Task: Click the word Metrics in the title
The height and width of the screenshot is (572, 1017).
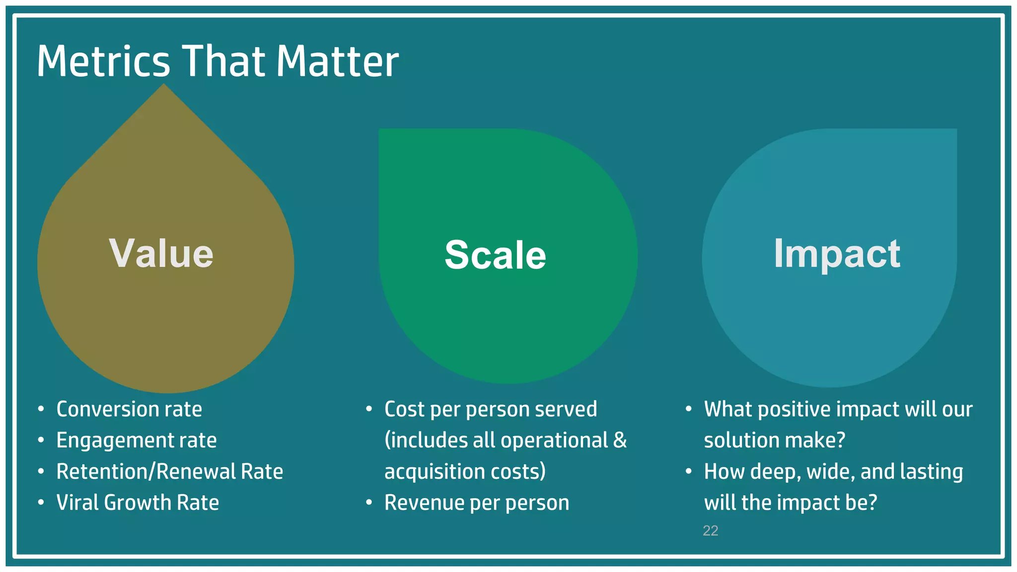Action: click(103, 62)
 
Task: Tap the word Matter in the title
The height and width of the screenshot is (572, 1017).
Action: click(337, 62)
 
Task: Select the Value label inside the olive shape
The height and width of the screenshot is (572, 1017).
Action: click(161, 254)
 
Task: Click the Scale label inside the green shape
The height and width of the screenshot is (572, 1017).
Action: click(495, 255)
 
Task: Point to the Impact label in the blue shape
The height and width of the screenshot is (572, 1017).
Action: click(837, 254)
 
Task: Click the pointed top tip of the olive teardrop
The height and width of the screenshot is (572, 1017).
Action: click(164, 86)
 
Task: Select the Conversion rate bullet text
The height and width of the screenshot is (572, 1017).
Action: click(129, 410)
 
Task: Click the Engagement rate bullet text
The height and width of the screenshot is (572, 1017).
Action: click(137, 441)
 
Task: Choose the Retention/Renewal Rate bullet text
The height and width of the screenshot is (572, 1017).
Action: click(169, 472)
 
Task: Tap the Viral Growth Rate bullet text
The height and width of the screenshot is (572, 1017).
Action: click(138, 503)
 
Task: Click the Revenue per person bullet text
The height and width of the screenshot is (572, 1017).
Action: click(477, 503)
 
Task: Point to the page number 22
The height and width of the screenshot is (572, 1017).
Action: click(710, 531)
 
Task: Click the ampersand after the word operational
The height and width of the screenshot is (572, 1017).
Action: click(620, 440)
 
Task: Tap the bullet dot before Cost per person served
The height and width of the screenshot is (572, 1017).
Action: click(369, 409)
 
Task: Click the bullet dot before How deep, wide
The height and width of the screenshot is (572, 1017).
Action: click(688, 471)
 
